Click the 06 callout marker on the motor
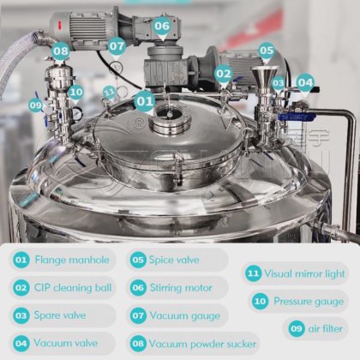coord(162,26)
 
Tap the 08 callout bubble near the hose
coord(61,51)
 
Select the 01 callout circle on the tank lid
coord(145,101)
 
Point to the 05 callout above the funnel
coord(267,51)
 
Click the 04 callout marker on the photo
coord(305,83)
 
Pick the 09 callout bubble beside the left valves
coord(36,105)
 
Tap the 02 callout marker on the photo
coord(224,74)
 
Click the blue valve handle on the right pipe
coord(297,117)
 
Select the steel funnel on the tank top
coord(266,77)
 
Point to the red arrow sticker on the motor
coord(60,25)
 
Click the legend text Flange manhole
coord(72,260)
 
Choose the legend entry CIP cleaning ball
coord(73,288)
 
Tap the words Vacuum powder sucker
coord(202,344)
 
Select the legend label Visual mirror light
coord(304,273)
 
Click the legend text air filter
coord(326,328)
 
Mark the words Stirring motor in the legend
coord(181,288)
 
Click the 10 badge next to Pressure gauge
coord(260,301)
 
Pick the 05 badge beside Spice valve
coord(138,260)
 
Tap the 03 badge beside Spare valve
coord(21,315)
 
